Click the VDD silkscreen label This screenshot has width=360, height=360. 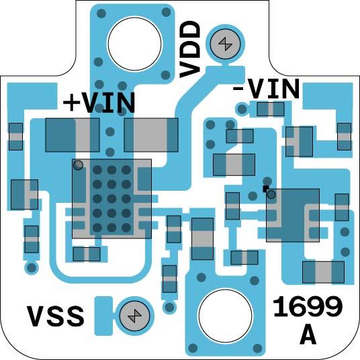[189, 49]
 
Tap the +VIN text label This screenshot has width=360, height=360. [99, 103]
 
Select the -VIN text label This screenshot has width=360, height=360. [266, 89]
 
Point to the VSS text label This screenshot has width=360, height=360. [56, 316]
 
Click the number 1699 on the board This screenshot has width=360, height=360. [308, 306]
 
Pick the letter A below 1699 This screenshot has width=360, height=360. [308, 334]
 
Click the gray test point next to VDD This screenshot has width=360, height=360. [226, 44]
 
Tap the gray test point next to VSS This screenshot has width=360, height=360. [135, 316]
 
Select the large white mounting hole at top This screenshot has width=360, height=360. [134, 44]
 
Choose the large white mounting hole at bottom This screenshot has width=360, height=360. [225, 316]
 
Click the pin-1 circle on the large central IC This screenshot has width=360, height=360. [79, 165]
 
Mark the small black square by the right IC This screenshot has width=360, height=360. [266, 189]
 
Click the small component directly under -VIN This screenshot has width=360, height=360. [271, 109]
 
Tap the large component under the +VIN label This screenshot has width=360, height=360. [73, 135]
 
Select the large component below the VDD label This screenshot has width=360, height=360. [151, 135]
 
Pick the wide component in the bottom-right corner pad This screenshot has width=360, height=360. [323, 272]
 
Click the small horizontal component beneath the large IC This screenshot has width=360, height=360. [87, 254]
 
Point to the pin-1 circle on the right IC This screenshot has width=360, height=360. [271, 195]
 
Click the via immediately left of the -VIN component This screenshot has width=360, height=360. [242, 109]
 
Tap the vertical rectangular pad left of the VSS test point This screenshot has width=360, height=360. [104, 316]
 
